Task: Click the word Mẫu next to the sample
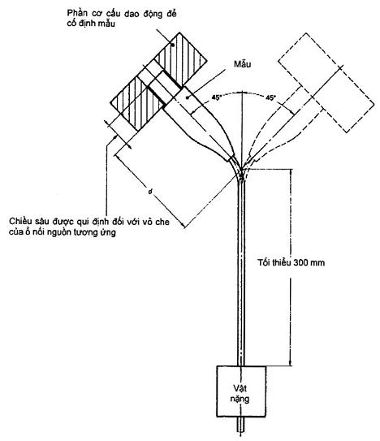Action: pyautogui.click(x=242, y=64)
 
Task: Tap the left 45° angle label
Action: pyautogui.click(x=216, y=97)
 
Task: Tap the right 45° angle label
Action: pyautogui.click(x=270, y=97)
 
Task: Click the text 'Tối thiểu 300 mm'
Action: pyautogui.click(x=291, y=262)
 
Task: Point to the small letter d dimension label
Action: pyautogui.click(x=151, y=192)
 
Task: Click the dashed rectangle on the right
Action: pyautogui.click(x=326, y=82)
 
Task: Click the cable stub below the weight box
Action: pyautogui.click(x=241, y=424)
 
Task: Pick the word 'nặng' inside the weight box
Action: pyautogui.click(x=240, y=400)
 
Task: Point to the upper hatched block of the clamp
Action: pyautogui.click(x=180, y=59)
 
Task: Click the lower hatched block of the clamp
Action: pyautogui.click(x=137, y=103)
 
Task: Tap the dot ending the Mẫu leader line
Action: pyautogui.click(x=188, y=97)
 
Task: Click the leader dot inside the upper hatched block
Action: pyautogui.click(x=173, y=45)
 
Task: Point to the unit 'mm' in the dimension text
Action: pyautogui.click(x=318, y=263)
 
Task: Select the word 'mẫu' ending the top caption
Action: pyautogui.click(x=107, y=24)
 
